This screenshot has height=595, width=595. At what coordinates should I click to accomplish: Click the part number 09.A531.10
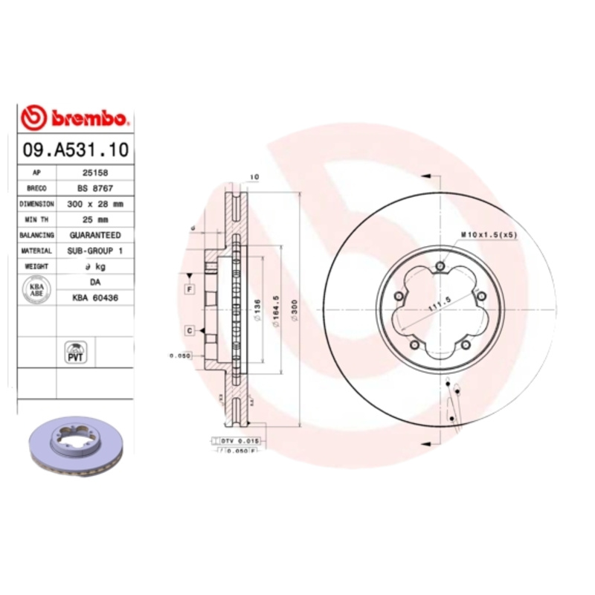[x=74, y=150]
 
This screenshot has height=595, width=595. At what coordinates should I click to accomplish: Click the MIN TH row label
[x=36, y=220]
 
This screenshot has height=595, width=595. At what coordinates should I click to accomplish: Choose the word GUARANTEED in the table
[x=93, y=235]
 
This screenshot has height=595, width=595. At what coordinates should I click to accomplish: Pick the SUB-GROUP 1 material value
[x=93, y=251]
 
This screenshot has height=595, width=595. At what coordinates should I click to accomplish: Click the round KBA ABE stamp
[x=36, y=289]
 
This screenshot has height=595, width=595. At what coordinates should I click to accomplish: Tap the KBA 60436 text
[x=93, y=297]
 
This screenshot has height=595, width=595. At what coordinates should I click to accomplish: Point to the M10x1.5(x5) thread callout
[x=488, y=234]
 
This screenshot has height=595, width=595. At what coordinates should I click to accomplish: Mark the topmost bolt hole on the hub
[x=441, y=268]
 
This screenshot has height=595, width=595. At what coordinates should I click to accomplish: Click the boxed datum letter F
[x=190, y=289]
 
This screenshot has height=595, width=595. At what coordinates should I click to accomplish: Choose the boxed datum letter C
[x=190, y=330]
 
